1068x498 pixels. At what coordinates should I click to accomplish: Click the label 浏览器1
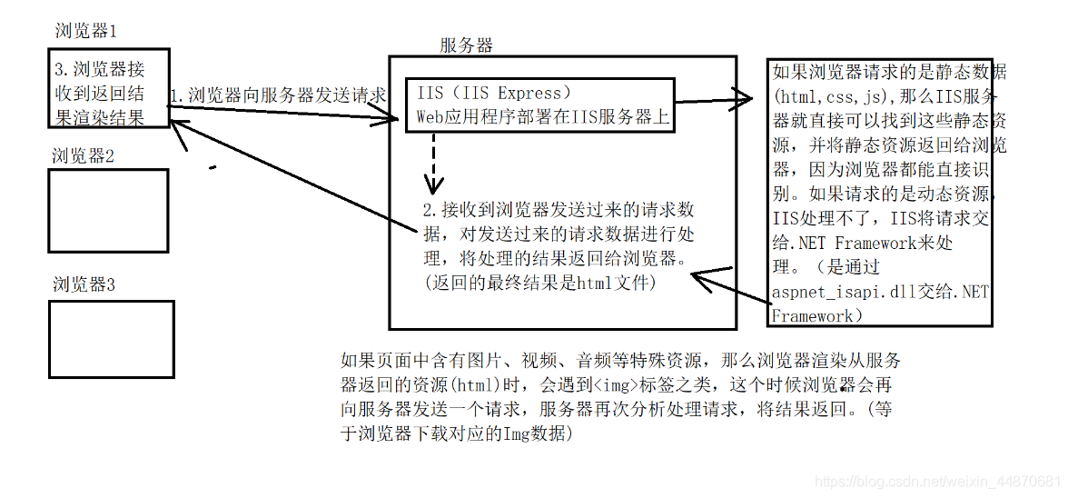[85, 30]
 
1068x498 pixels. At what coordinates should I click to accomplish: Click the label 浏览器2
[83, 155]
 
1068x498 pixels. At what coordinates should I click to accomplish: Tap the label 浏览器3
[84, 284]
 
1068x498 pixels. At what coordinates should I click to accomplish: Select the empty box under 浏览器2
[107, 211]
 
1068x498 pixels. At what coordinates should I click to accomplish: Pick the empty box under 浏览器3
[110, 339]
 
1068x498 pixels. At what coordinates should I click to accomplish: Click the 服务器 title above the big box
[467, 45]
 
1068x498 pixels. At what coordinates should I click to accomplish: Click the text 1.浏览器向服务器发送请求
[279, 95]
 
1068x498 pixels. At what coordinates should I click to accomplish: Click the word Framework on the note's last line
[813, 315]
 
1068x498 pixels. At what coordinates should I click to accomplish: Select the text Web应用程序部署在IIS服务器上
[540, 116]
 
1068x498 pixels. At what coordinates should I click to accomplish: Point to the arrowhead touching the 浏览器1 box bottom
[179, 132]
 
